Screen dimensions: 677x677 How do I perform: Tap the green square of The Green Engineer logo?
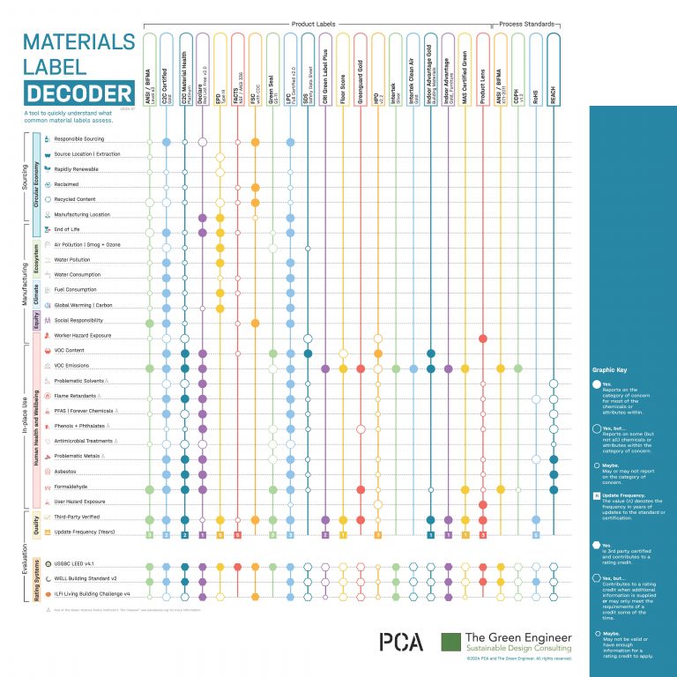tap(450, 642)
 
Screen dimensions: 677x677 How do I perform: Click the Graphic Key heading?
tap(607, 372)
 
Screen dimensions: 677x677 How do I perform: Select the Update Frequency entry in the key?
tap(621, 498)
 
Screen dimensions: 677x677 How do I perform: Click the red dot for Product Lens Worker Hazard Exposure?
tap(483, 338)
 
